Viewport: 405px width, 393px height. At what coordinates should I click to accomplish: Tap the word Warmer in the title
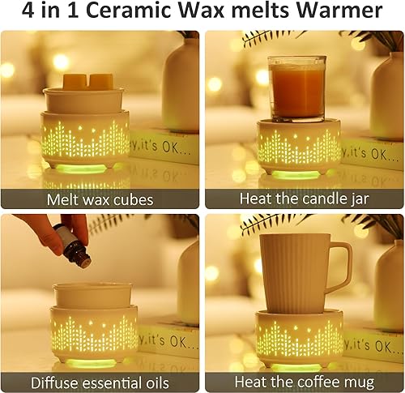click(x=339, y=11)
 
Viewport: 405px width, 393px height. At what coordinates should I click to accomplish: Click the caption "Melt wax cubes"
click(x=100, y=199)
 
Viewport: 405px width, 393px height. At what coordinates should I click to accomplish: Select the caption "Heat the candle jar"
click(x=304, y=199)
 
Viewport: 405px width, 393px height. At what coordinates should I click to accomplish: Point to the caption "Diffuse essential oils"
click(x=100, y=382)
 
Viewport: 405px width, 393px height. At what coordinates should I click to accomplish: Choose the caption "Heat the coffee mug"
click(x=305, y=382)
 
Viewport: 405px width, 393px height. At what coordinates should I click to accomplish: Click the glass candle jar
click(x=297, y=89)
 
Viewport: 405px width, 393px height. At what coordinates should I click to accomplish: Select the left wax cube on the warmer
click(x=75, y=81)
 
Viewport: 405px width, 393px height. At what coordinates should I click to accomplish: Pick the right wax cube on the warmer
click(x=101, y=81)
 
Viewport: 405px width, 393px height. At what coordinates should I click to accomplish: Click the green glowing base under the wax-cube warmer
click(x=81, y=169)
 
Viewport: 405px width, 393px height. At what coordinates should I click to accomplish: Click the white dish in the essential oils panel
click(x=92, y=295)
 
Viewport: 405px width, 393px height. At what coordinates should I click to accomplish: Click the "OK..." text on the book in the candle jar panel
click(x=384, y=154)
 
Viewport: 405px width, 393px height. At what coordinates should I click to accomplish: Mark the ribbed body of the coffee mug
click(x=295, y=274)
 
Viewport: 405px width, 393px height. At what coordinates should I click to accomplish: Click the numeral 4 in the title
click(x=28, y=11)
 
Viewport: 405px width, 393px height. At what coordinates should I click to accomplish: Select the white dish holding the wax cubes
click(x=84, y=100)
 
